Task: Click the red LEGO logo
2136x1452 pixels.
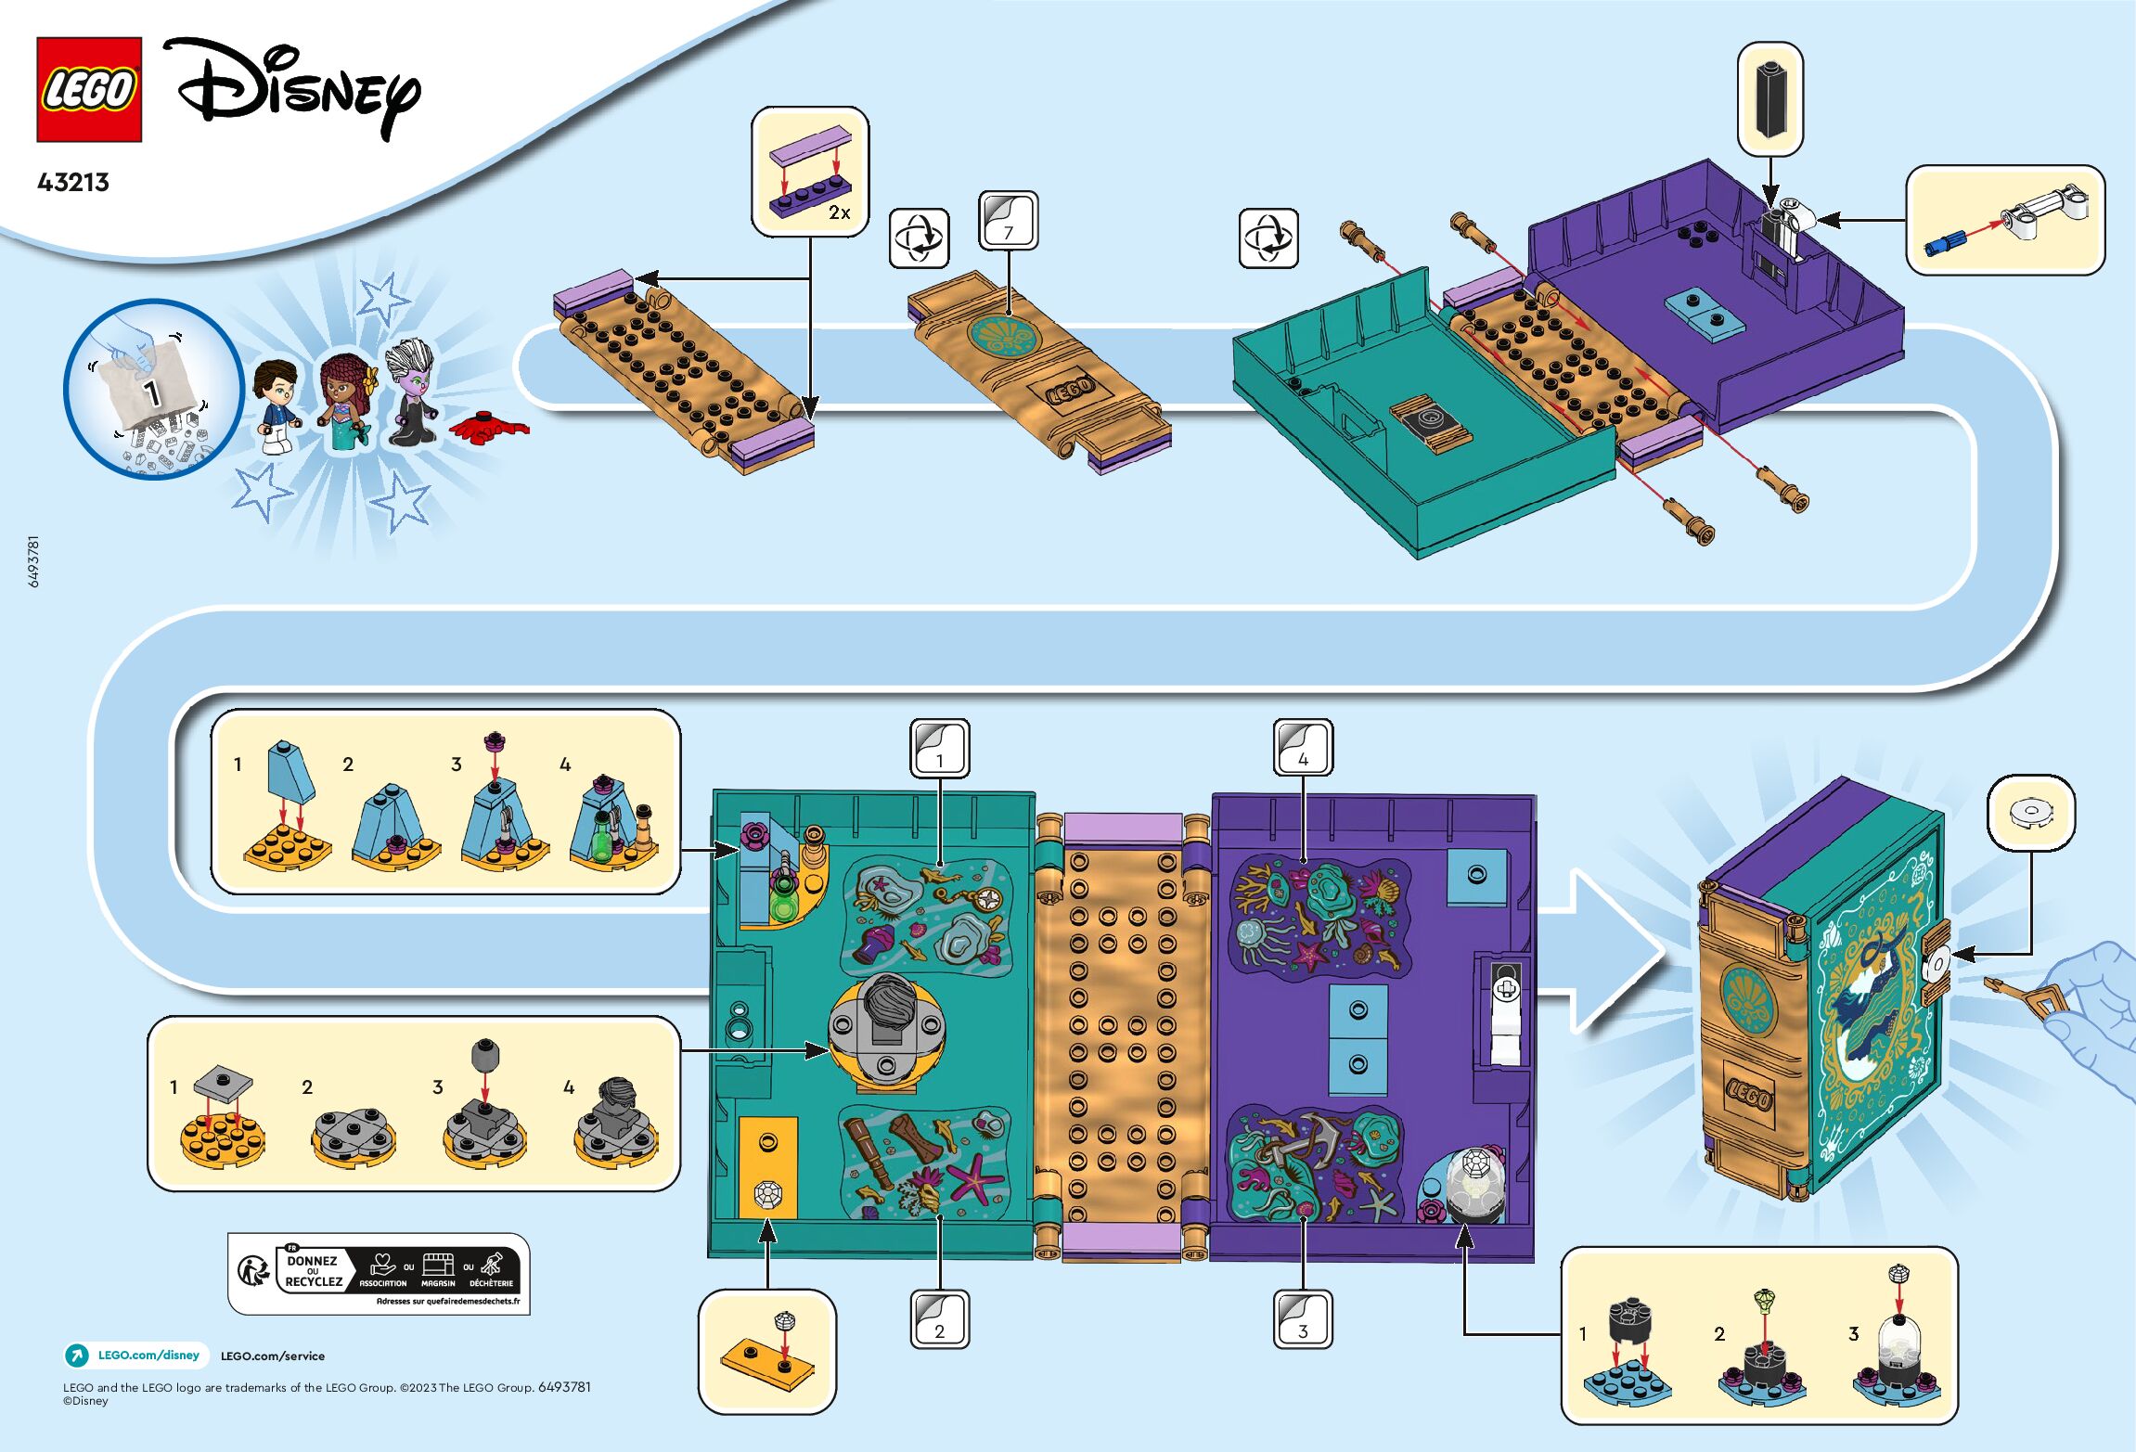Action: point(89,90)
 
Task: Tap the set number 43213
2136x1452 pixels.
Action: point(73,182)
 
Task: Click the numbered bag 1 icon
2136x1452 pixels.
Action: point(152,389)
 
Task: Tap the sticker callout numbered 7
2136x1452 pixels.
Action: point(1008,221)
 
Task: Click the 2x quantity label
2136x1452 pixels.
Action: point(839,212)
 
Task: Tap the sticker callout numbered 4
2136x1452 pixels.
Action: point(1303,748)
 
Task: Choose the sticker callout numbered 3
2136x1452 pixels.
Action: point(1303,1319)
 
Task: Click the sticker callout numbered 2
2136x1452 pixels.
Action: point(939,1319)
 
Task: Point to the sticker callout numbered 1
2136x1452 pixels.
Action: point(939,748)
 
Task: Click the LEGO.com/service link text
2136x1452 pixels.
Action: point(273,1356)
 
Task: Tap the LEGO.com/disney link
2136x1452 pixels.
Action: point(148,1355)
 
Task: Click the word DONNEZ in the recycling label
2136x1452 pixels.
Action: point(312,1261)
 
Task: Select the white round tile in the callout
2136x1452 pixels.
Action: point(2030,814)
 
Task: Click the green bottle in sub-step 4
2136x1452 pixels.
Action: point(602,840)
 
